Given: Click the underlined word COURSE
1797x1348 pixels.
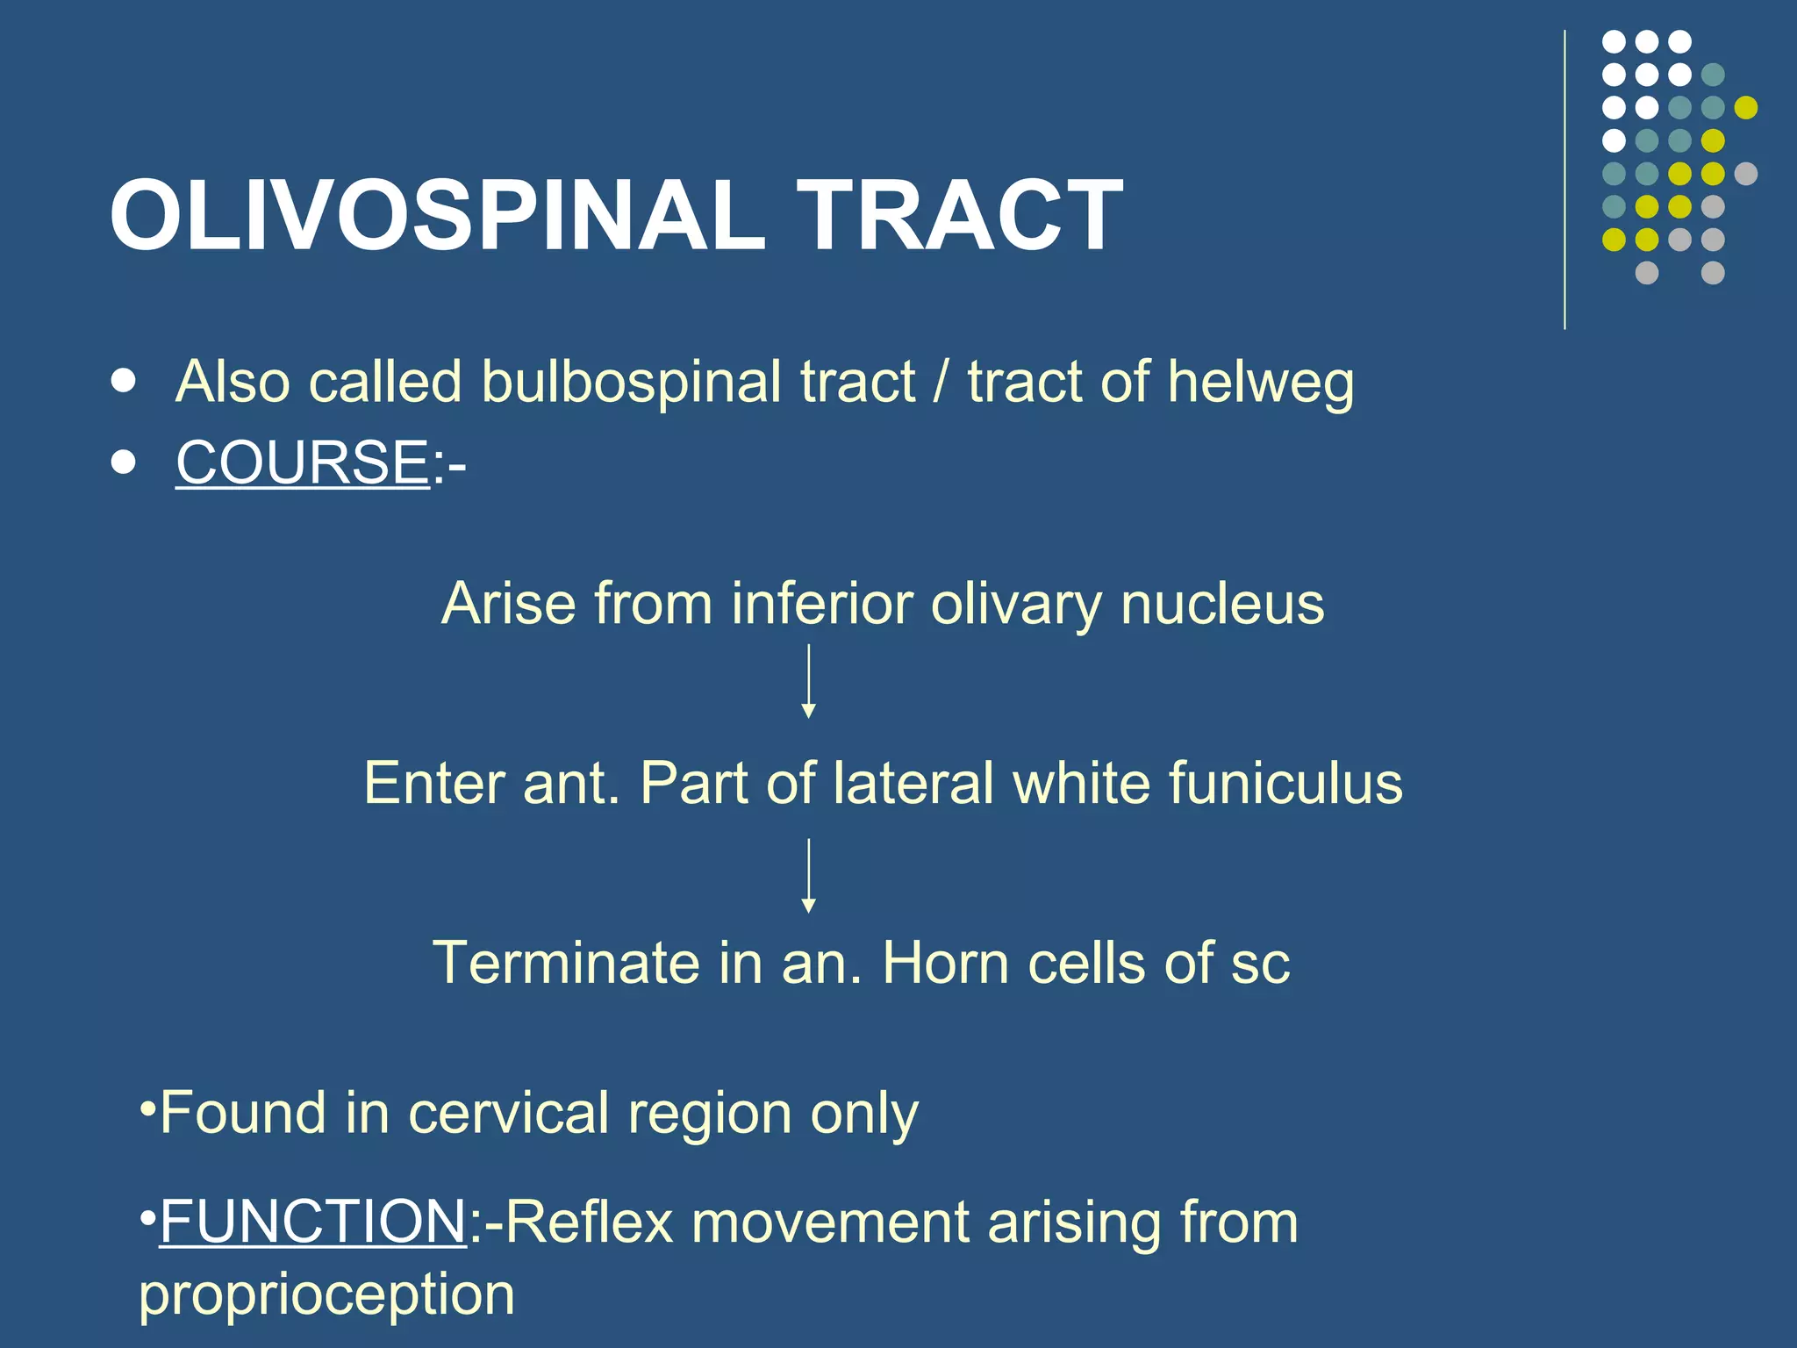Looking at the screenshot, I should [302, 462].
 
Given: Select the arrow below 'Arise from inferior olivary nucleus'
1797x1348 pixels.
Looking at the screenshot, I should [809, 681].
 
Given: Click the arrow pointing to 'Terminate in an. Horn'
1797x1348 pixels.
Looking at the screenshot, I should [809, 876].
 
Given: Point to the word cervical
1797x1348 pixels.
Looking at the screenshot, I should [509, 1114].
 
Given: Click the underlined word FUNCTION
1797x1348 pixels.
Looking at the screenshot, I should [312, 1222].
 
